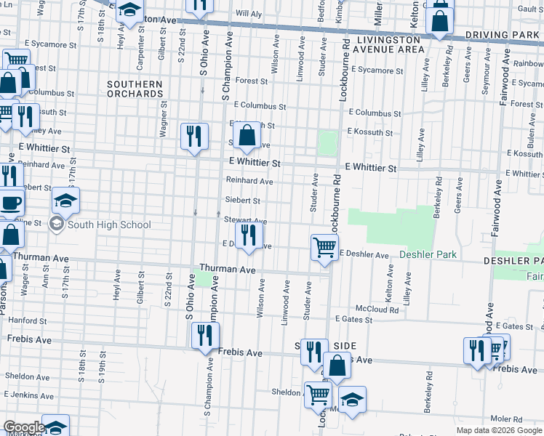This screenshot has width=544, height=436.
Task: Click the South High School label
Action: click(109, 225)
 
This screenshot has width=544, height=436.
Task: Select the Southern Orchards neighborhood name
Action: click(135, 89)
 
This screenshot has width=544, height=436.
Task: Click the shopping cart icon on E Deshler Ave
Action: click(324, 246)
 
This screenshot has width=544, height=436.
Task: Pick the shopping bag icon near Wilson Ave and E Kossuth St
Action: click(247, 134)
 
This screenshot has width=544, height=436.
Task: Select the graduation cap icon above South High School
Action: click(65, 201)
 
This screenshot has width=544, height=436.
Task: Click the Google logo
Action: click(23, 427)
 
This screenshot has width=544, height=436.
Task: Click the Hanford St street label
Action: click(28, 320)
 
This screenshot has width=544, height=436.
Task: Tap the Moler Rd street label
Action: click(505, 419)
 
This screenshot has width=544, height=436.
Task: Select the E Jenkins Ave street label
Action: click(31, 393)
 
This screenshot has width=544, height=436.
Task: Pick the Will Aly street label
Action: click(248, 14)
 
